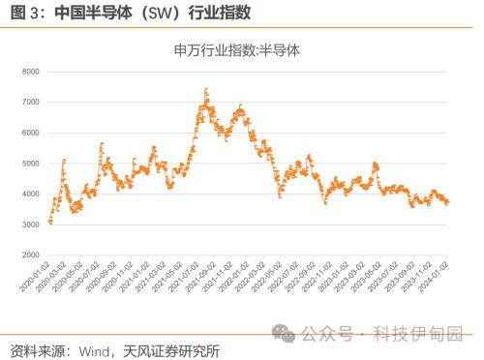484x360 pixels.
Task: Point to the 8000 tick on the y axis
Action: coord(29,72)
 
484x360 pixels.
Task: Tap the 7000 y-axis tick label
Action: coord(29,102)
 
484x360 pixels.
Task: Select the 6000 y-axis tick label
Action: coord(29,133)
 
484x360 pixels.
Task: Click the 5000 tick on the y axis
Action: coord(29,164)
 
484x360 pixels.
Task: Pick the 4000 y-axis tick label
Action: coord(29,194)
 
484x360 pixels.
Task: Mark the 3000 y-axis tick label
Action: coord(29,225)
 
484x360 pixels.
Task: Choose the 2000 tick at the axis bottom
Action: coord(29,255)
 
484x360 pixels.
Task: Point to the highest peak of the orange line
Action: coord(206,89)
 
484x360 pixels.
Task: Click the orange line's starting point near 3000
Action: coord(49,223)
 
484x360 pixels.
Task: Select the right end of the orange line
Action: coord(448,201)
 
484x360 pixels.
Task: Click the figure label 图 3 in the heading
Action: coord(21,13)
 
